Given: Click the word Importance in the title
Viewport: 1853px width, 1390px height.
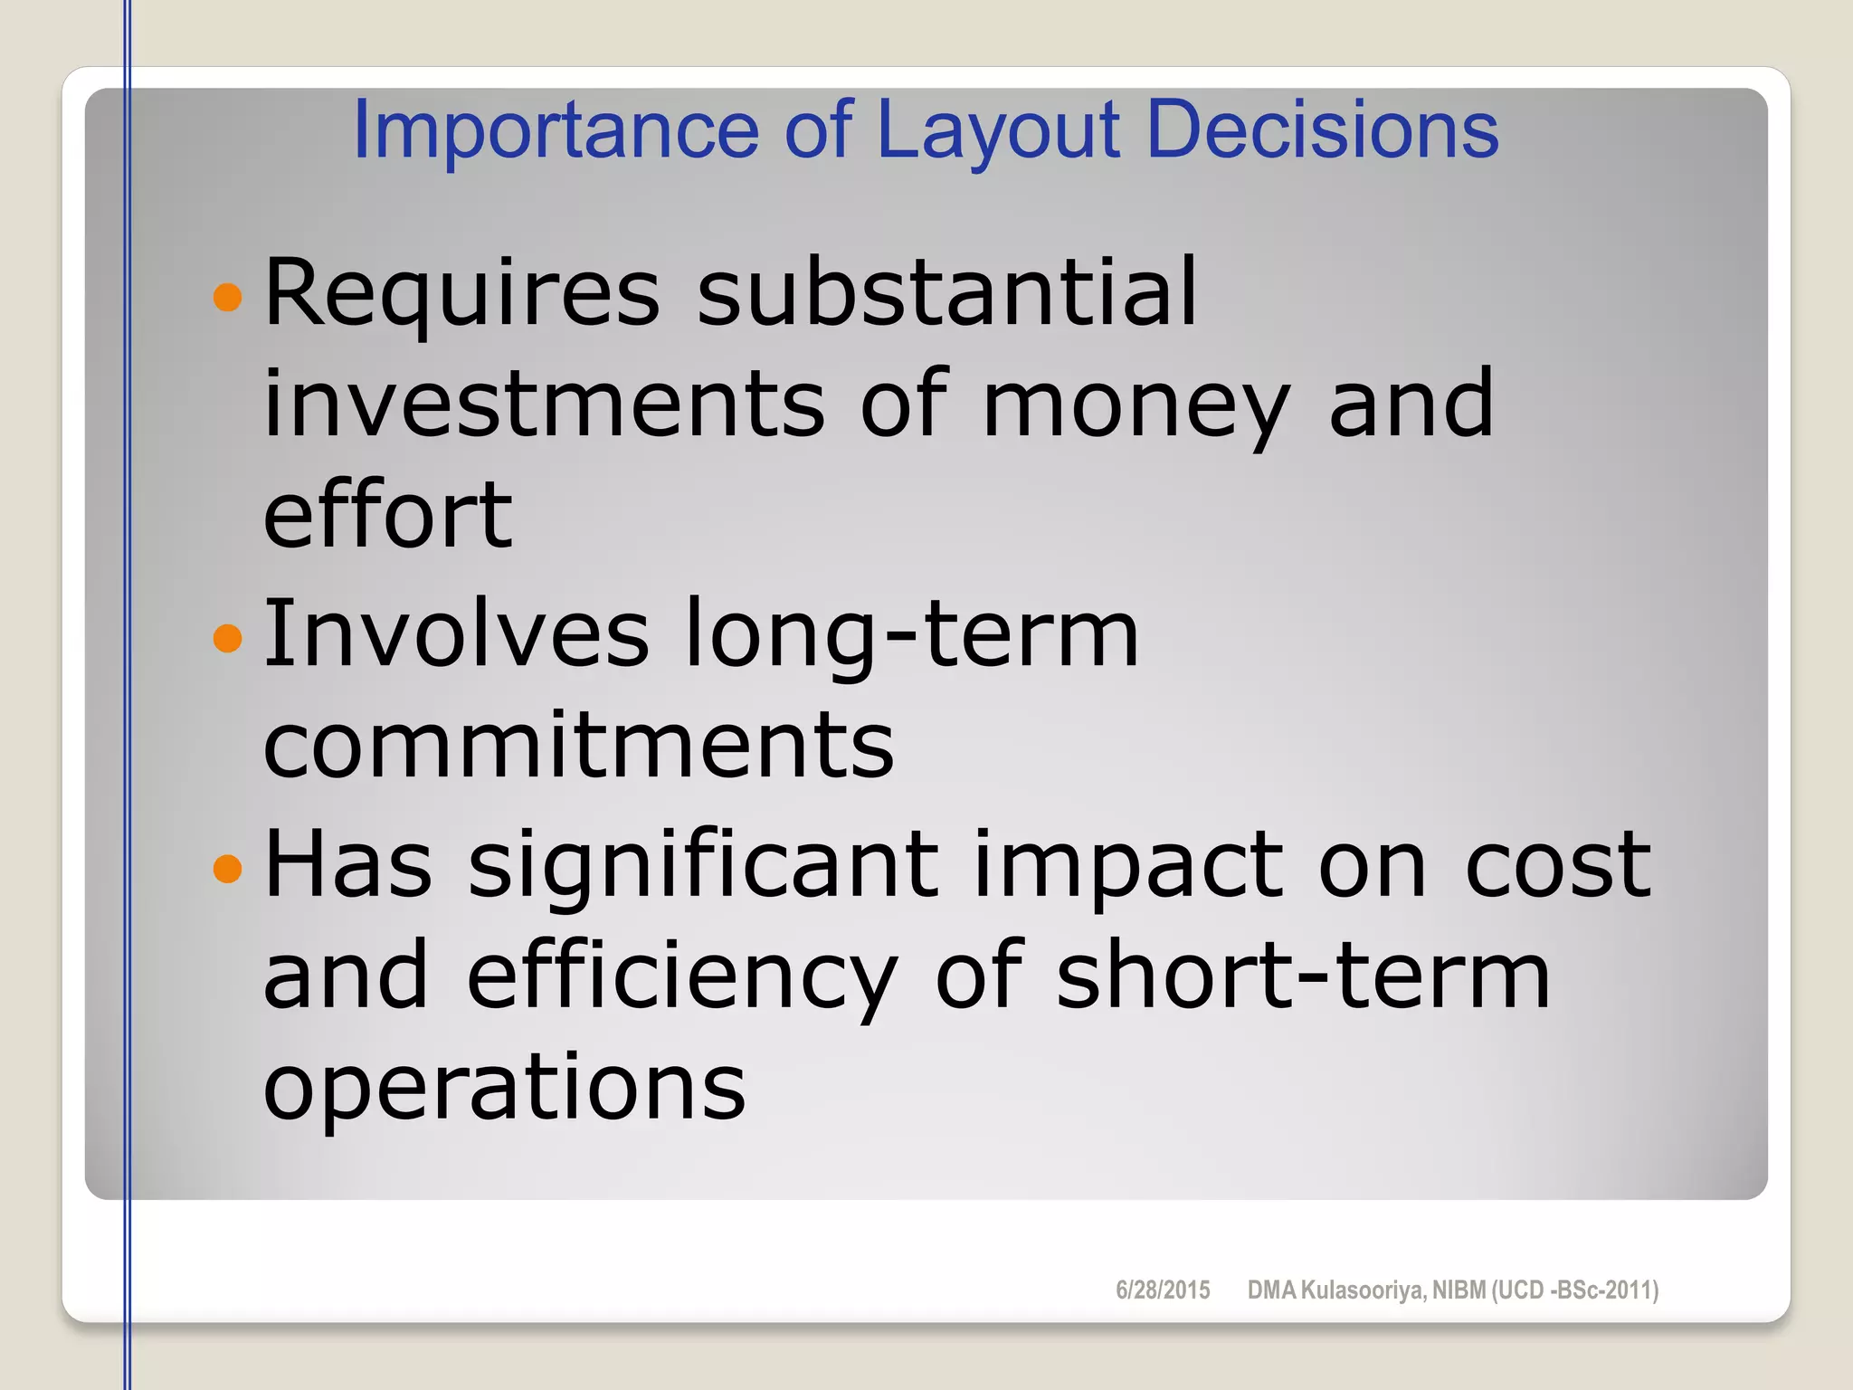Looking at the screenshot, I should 555,130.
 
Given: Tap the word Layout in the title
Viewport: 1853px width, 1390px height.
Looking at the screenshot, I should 999,130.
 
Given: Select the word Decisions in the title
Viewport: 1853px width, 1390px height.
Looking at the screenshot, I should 1322,130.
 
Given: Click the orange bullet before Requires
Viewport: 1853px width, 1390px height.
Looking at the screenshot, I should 228,297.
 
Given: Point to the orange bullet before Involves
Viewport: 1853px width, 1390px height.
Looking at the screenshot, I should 228,638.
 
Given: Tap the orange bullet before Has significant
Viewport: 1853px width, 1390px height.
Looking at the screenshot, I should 228,869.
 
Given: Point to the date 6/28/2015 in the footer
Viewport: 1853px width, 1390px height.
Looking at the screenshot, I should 1163,1290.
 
